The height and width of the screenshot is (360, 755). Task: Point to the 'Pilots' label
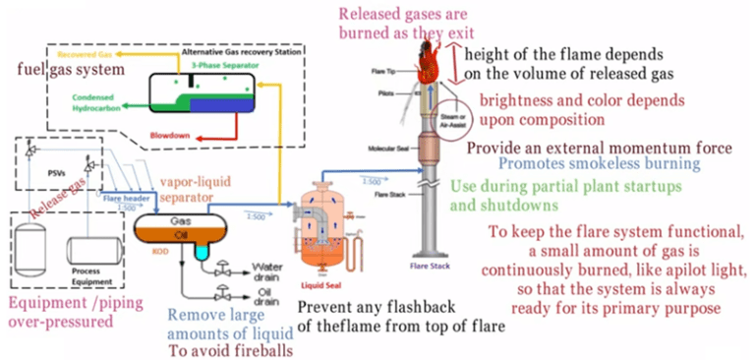point(389,89)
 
